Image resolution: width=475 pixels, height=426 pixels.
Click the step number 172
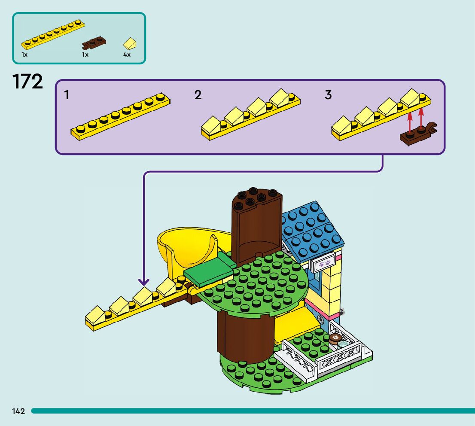(x=28, y=82)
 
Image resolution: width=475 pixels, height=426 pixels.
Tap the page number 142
(x=18, y=411)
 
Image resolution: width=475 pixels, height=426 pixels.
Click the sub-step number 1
(x=67, y=95)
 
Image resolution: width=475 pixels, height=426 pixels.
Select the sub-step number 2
(x=198, y=95)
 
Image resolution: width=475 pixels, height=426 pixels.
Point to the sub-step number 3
(x=328, y=95)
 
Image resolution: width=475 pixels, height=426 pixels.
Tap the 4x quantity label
(x=127, y=55)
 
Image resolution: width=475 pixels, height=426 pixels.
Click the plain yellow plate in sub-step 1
(x=120, y=116)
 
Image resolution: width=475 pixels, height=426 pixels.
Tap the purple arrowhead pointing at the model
(x=144, y=282)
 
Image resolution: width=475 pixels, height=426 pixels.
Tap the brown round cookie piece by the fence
(x=335, y=338)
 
